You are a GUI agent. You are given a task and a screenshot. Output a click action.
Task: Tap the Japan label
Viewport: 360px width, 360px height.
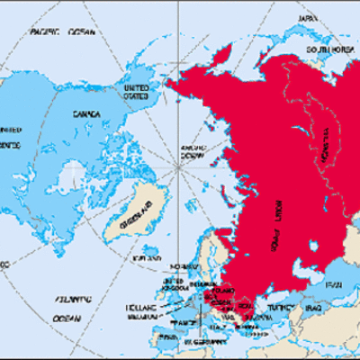[x=309, y=16]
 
